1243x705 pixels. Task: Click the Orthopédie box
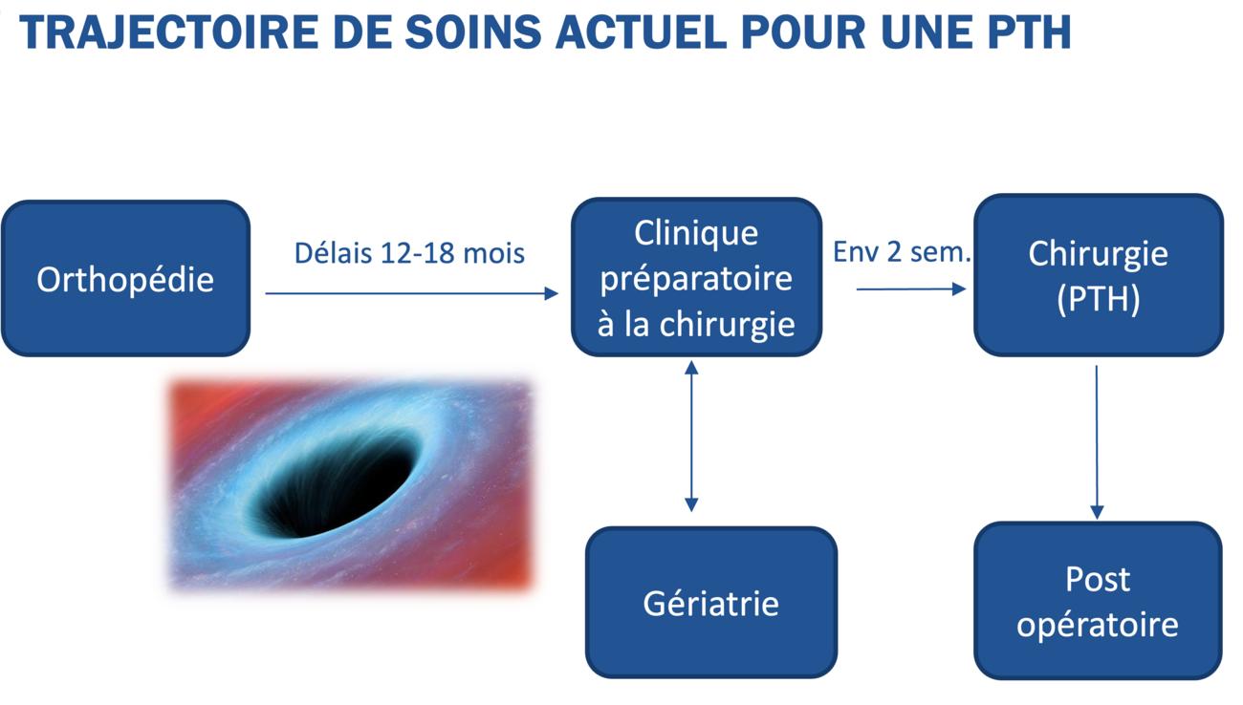point(125,278)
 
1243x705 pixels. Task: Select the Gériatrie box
point(710,603)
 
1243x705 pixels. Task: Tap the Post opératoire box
point(1097,601)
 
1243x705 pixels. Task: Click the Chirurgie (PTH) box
point(1098,275)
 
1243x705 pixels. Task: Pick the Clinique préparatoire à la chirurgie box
point(696,277)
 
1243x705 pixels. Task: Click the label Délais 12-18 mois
point(409,253)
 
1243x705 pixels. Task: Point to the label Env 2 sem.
point(902,252)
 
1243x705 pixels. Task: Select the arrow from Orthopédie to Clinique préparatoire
point(411,293)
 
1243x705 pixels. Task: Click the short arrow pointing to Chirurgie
point(910,288)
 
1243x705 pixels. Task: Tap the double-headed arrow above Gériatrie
point(691,436)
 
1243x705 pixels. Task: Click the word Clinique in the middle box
point(696,232)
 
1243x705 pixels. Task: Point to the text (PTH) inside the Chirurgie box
point(1098,299)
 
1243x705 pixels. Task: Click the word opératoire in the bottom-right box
point(1097,625)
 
